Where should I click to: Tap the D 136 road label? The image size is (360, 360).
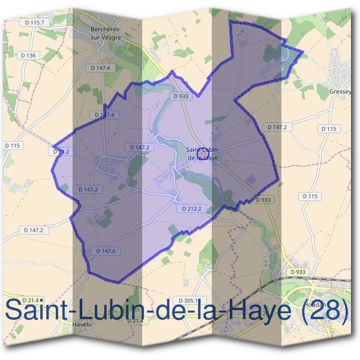point(28,55)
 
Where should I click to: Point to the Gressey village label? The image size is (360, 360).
point(340,92)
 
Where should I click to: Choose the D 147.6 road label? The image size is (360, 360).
point(106,251)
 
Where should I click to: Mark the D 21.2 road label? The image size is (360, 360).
point(61,152)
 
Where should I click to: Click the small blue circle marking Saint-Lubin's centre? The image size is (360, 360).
point(203,154)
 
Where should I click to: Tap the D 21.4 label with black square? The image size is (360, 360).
point(32,300)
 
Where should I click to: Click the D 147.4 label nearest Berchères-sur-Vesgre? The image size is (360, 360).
point(101,68)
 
